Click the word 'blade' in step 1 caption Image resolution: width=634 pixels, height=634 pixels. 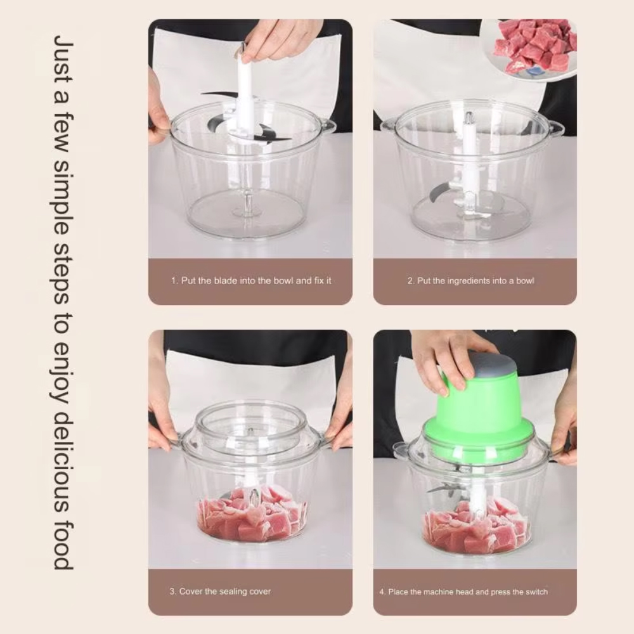click(226, 281)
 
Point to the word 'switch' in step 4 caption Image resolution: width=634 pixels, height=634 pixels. click(536, 592)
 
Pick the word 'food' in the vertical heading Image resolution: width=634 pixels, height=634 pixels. click(64, 545)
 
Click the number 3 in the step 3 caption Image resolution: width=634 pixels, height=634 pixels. click(172, 592)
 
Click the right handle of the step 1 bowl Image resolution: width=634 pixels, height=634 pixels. click(328, 126)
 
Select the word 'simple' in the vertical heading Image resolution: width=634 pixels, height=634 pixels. click(64, 202)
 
